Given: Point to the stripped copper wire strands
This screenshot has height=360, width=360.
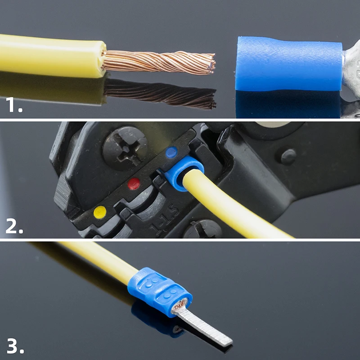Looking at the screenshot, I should [x=157, y=62].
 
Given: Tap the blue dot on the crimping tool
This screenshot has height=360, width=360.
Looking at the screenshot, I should [x=171, y=153].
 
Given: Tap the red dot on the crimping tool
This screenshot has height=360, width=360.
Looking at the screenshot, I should [x=134, y=184].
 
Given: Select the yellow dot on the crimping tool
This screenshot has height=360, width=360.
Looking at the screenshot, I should [x=99, y=211].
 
